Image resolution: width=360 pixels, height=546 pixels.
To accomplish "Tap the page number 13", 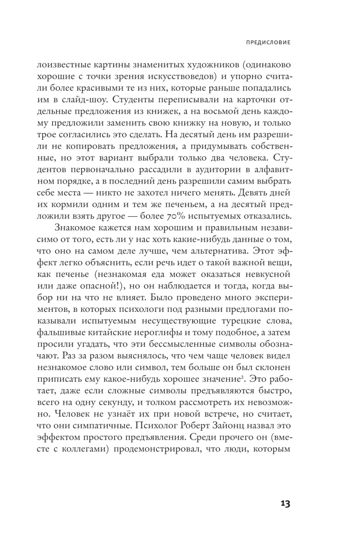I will (282, 503).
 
